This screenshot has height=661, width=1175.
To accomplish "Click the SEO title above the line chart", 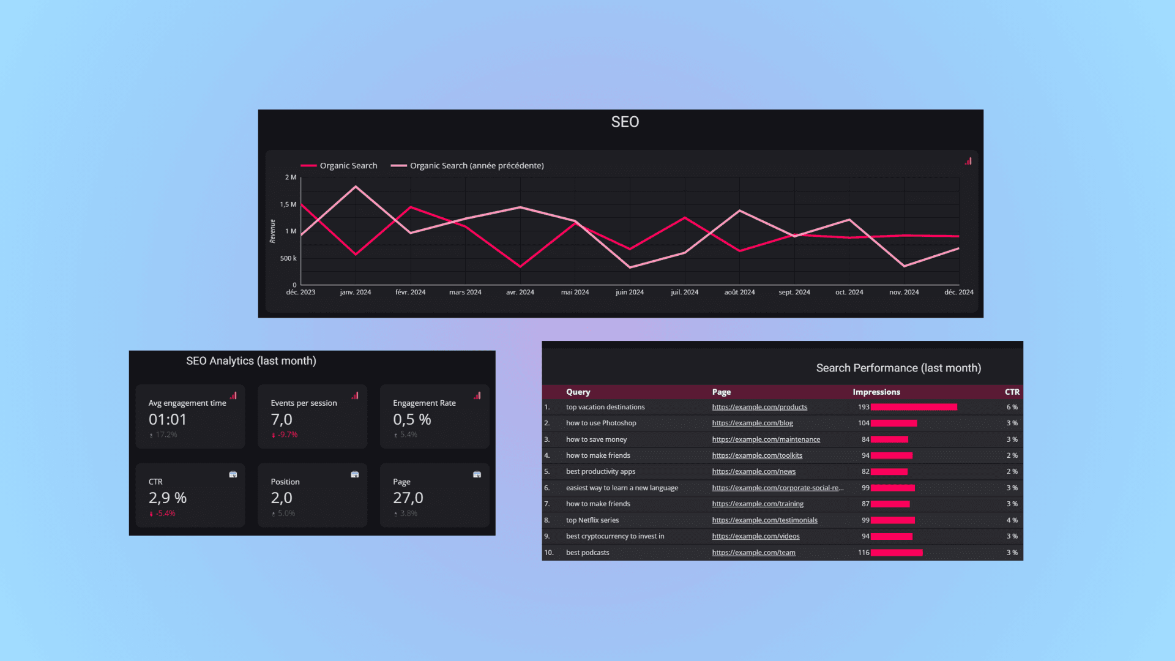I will point(625,122).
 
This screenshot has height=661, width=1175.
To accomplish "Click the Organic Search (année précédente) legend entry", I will point(476,166).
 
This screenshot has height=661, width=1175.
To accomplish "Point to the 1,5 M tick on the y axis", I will point(288,204).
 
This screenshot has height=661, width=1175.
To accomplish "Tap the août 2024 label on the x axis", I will point(739,293).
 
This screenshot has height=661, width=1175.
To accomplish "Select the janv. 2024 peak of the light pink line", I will point(356,187).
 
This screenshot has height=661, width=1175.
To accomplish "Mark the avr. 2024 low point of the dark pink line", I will point(520,267).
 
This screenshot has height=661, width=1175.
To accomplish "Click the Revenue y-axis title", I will point(272,231).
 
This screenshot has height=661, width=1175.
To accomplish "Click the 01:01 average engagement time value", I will point(168,419).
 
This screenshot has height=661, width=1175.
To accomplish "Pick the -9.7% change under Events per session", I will point(287,435).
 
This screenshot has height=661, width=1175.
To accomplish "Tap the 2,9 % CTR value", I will point(168,498).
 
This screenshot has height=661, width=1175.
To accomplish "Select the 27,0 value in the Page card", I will point(408,498).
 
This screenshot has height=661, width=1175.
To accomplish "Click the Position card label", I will point(285,482).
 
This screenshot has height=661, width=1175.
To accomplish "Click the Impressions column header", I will point(876,392).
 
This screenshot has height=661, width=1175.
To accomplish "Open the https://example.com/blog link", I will point(752,423).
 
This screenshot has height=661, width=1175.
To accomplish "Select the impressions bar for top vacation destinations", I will point(914,407).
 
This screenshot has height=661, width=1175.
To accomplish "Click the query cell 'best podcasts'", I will point(587,553).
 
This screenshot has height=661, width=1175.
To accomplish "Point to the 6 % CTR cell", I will point(1012,407).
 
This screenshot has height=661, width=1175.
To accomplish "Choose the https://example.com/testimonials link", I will point(764,520).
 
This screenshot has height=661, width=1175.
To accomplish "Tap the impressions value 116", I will point(864,553).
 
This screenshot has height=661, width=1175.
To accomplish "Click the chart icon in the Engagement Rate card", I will point(477,395).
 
